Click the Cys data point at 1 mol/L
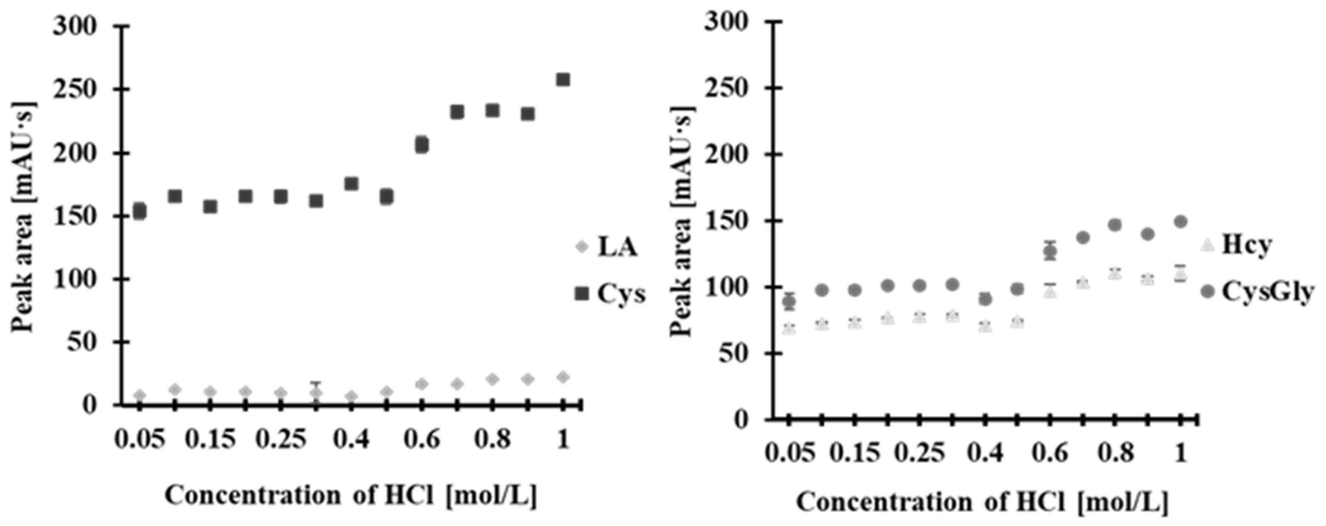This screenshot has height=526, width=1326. (x=563, y=80)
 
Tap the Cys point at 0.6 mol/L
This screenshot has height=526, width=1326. (x=422, y=145)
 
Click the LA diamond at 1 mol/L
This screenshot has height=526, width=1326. (x=563, y=377)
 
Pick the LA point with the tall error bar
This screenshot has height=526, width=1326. (x=316, y=393)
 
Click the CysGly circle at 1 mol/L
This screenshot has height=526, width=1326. (x=1180, y=222)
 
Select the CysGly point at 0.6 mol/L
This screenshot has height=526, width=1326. (x=1050, y=251)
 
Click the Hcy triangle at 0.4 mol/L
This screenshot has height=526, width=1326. (x=985, y=326)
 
